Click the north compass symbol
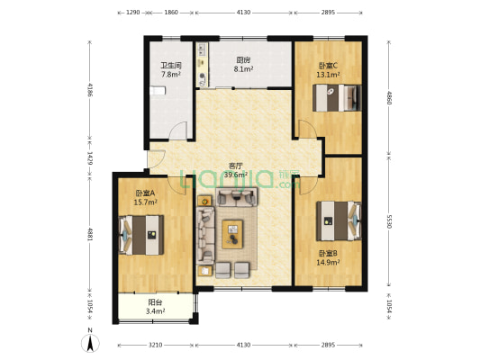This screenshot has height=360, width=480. click(90, 341)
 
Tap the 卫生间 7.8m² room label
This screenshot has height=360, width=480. click(171, 69)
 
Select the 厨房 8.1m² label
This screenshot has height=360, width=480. click(243, 64)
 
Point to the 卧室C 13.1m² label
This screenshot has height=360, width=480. click(328, 70)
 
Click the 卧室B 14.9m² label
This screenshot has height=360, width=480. click(328, 257)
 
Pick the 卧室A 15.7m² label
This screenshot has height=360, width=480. click(145, 198)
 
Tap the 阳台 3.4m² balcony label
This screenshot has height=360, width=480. click(155, 307)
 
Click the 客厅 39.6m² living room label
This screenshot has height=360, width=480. click(236, 170)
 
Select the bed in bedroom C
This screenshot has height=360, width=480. click(337, 98)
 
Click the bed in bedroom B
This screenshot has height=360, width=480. click(339, 220)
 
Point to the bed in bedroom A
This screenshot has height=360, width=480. click(141, 235)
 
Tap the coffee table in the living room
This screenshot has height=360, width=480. click(232, 234)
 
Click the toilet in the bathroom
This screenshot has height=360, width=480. click(158, 91)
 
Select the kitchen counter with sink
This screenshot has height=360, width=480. click(202, 65)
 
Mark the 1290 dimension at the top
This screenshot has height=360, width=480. click(133, 13)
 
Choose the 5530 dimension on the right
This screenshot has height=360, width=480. click(389, 221)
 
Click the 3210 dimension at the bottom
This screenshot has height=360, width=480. click(156, 346)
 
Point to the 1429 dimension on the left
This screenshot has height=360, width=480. click(90, 158)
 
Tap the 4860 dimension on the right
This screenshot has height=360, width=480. click(389, 98)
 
